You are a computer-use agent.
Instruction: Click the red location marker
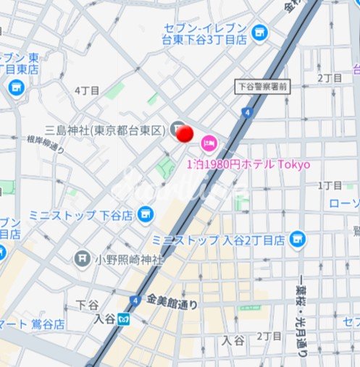[185, 134]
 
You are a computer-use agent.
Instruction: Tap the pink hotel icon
[209, 142]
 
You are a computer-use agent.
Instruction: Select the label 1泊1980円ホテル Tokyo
[248, 164]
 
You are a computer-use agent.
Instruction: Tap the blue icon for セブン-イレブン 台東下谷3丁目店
[259, 32]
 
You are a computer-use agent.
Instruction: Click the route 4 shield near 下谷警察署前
[248, 112]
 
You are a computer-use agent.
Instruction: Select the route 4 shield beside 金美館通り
[134, 300]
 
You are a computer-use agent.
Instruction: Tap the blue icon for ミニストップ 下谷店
[146, 214]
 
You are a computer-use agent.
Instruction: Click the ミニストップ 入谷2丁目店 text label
[219, 240]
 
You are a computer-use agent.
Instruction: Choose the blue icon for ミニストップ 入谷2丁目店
[296, 239]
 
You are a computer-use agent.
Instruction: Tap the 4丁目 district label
[86, 90]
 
